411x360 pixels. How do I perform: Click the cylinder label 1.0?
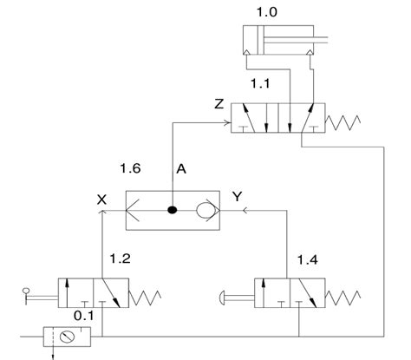[266, 12]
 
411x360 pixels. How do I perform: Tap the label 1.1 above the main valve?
[260, 83]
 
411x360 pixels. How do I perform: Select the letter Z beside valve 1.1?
[219, 104]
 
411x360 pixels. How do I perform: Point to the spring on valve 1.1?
[342, 123]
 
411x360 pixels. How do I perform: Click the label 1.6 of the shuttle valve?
[130, 168]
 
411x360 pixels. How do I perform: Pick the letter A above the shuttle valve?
[181, 169]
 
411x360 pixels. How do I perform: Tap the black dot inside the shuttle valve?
[173, 210]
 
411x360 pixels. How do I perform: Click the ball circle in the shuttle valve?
[205, 210]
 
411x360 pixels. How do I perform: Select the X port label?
[101, 200]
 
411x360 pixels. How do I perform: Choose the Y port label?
[237, 197]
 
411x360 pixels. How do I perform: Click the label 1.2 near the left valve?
[120, 259]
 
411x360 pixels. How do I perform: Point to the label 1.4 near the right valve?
[308, 260]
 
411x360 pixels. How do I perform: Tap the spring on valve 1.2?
[145, 298]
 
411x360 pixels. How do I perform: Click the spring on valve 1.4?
[342, 298]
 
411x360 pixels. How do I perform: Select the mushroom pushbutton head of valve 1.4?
[223, 298]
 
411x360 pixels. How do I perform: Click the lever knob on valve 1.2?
[26, 290]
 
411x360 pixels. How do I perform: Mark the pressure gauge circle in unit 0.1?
[67, 337]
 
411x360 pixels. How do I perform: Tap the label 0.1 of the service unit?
[84, 316]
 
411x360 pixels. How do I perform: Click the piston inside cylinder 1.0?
[261, 40]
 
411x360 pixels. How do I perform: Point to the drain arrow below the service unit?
[53, 353]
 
